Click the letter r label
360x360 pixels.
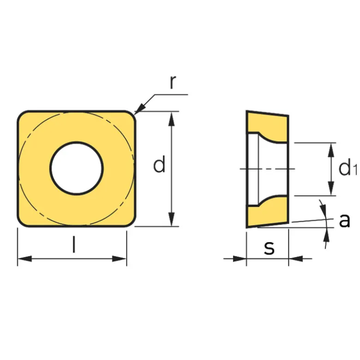[173, 82]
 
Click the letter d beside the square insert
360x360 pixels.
[159, 164]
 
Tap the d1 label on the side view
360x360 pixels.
[348, 169]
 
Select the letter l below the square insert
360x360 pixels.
[74, 245]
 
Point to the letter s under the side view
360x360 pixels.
[269, 248]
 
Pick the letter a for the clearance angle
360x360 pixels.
[345, 221]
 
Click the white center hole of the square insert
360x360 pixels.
[77, 168]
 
